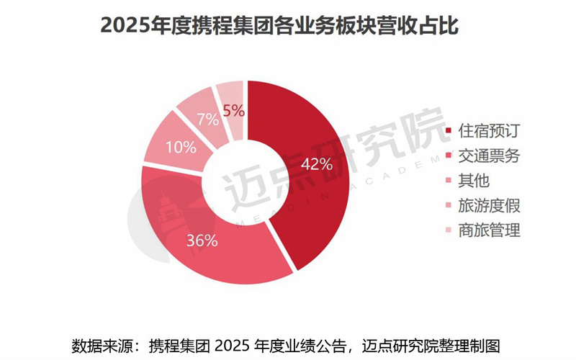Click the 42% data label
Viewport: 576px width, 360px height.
(316, 165)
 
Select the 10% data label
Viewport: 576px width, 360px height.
(181, 148)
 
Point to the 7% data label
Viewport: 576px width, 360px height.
(208, 119)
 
